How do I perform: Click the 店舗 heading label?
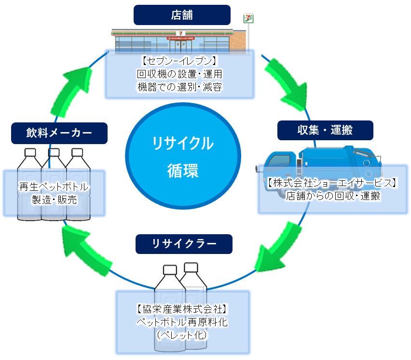pyautogui.click(x=181, y=15)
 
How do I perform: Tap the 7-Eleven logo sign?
pyautogui.click(x=248, y=19)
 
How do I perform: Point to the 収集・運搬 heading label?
pyautogui.click(x=326, y=130)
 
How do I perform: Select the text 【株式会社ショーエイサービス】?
pyautogui.click(x=333, y=184)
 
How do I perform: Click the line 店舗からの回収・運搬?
pyautogui.click(x=333, y=196)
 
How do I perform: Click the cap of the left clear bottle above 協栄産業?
pyautogui.click(x=170, y=269)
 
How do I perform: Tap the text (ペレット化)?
pyautogui.click(x=182, y=334)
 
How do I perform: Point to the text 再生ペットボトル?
pyautogui.click(x=54, y=187)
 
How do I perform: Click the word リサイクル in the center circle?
pyautogui.click(x=182, y=143)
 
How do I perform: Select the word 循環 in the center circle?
pyautogui.click(x=182, y=170)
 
